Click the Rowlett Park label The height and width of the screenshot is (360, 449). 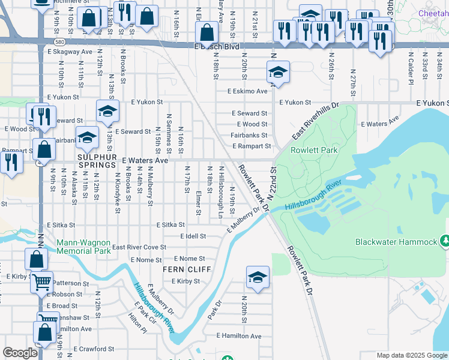point(314,150)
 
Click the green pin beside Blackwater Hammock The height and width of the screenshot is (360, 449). point(444,241)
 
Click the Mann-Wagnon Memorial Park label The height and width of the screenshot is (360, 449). point(83,247)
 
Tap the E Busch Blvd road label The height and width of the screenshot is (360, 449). point(217,46)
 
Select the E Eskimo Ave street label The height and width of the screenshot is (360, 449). point(247,91)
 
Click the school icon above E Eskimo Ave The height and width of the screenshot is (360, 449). point(279,73)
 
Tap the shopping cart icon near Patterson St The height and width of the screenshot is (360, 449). point(41,281)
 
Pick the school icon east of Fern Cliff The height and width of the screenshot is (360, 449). point(258,278)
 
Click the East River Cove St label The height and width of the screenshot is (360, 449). point(139,247)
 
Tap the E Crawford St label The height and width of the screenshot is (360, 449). point(94,349)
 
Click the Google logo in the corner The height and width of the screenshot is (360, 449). point(20,353)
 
